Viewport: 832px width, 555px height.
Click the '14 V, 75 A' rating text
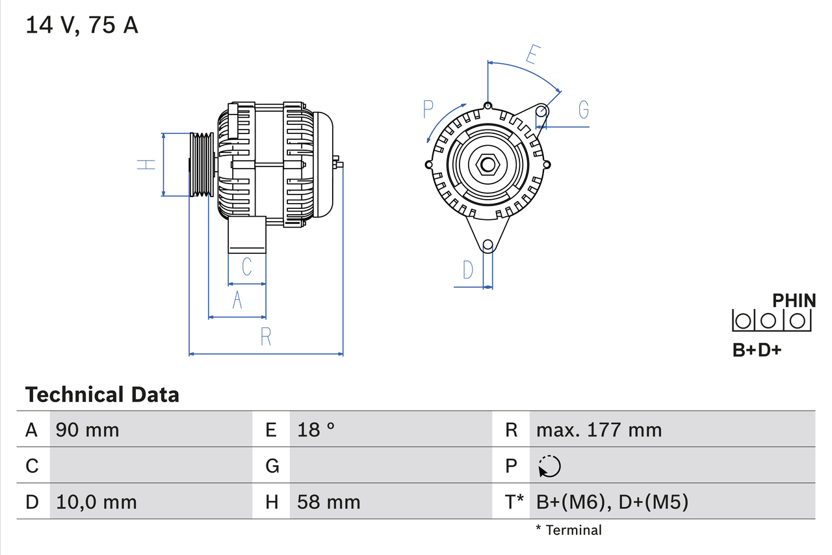[81, 25]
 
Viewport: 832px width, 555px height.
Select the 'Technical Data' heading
[101, 395]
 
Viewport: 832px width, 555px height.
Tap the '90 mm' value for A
[88, 430]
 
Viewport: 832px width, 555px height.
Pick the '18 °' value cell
[316, 430]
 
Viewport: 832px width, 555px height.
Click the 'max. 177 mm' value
[599, 430]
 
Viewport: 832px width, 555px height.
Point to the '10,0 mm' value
[96, 502]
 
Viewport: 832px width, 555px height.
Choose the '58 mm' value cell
[328, 502]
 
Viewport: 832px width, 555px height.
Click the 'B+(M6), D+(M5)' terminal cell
[612, 502]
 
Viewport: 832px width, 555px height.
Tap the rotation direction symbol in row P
[549, 466]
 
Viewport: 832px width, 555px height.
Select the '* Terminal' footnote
[569, 530]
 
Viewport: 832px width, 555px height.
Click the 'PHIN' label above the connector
[794, 301]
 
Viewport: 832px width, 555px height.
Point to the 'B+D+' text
[757, 350]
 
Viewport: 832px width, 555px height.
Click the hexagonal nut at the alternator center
[487, 165]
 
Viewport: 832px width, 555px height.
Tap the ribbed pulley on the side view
[201, 165]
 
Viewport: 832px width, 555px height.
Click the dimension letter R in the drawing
[265, 336]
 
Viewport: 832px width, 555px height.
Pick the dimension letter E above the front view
[532, 56]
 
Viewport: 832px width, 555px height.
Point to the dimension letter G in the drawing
[583, 110]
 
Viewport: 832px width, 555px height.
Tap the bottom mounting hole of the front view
[487, 245]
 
